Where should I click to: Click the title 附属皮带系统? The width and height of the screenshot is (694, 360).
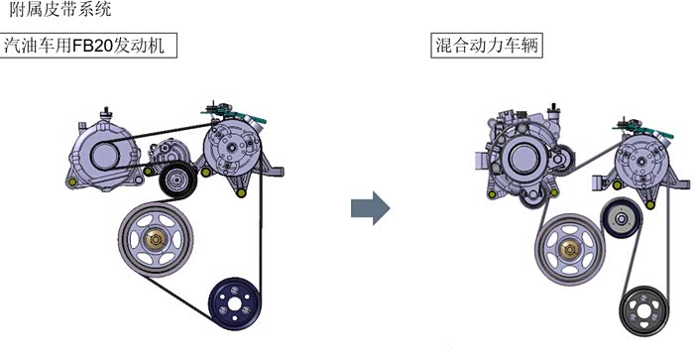60,9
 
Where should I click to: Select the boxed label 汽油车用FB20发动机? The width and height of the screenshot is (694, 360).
88,46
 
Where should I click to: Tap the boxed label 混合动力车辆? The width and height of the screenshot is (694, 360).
487,46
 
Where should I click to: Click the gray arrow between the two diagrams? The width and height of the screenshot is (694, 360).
371,208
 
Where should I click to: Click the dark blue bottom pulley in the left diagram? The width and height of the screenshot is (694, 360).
235,303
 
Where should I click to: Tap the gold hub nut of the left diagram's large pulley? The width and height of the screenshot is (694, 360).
156,240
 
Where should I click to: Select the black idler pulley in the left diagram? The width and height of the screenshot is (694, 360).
177,180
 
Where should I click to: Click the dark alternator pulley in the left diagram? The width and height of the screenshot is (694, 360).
105,156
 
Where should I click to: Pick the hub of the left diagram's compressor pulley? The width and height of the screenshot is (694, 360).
231,149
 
